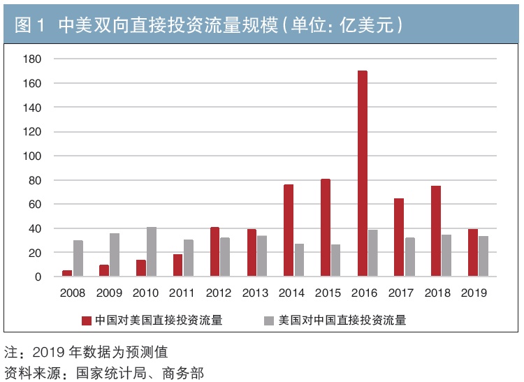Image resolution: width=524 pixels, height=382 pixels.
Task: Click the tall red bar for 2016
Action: [362, 174]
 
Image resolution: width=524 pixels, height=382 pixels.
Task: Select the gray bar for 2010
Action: [152, 251]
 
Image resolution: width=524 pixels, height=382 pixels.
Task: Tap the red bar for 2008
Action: [67, 273]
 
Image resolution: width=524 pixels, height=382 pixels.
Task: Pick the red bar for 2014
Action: [289, 230]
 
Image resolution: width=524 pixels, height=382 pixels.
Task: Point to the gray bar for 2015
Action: [336, 260]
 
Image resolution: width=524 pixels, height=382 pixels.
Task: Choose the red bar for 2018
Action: [435, 231]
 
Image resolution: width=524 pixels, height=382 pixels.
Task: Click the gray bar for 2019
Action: [483, 256]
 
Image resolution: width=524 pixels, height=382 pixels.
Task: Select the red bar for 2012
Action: [214, 251]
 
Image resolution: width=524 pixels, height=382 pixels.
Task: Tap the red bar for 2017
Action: [398, 237]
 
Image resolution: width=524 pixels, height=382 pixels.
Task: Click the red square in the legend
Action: [87, 321]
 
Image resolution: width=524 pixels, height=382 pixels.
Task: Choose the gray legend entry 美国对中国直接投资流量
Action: [335, 321]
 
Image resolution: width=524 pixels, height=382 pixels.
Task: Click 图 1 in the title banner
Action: [29, 24]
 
